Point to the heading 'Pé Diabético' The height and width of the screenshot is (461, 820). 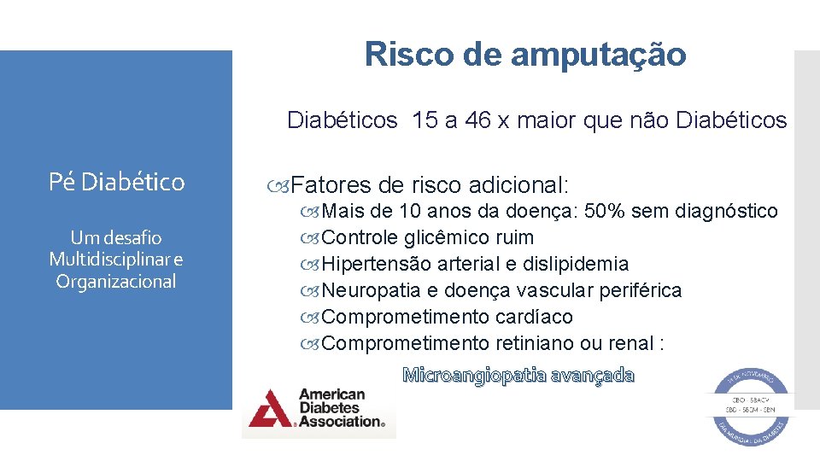point(117,182)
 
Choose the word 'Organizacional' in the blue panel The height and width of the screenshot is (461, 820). point(116,282)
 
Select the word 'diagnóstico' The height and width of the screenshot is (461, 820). point(726,211)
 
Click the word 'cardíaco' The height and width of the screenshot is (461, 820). point(534,317)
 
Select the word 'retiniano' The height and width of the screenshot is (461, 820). point(534,343)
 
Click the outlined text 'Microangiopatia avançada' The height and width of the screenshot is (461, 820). point(518,375)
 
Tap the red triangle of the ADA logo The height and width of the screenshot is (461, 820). point(269,409)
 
